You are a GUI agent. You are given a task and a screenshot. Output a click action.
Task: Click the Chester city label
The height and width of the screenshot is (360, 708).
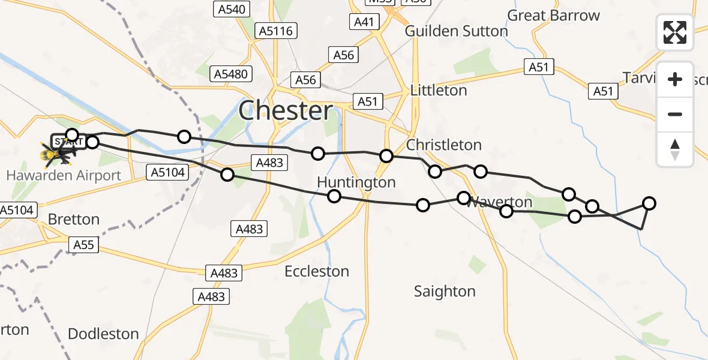pyautogui.click(x=286, y=111)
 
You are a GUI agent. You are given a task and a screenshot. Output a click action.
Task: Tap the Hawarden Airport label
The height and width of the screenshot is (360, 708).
pyautogui.click(x=64, y=176)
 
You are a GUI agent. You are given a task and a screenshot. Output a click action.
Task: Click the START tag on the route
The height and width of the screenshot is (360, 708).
pyautogui.click(x=65, y=142)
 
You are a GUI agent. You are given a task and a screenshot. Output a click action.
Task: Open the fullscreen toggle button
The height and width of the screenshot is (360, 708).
pyautogui.click(x=675, y=32)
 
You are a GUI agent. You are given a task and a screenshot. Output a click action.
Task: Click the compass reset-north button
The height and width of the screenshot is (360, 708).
pyautogui.click(x=675, y=149)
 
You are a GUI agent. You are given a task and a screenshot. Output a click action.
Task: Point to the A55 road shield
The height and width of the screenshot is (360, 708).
pyautogui.click(x=83, y=245)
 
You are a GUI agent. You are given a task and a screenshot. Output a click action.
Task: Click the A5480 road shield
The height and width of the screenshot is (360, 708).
pyautogui.click(x=231, y=74)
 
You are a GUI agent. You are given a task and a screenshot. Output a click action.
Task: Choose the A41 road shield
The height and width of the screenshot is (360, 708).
pyautogui.click(x=364, y=23)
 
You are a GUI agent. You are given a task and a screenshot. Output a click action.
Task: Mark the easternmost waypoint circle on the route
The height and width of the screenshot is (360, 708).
pyautogui.click(x=649, y=203)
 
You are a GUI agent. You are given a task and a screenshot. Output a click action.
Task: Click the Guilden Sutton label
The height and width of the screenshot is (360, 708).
pyautogui.click(x=456, y=31)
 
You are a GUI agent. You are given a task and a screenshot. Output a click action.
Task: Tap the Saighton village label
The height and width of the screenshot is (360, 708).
pyautogui.click(x=445, y=292)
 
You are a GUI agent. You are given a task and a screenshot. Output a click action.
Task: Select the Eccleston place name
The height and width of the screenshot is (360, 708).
pyautogui.click(x=317, y=272)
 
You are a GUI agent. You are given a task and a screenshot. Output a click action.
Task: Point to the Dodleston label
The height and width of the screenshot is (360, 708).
pyautogui.click(x=103, y=334)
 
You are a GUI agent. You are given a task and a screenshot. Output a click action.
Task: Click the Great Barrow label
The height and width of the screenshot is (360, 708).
pyautogui.click(x=553, y=16)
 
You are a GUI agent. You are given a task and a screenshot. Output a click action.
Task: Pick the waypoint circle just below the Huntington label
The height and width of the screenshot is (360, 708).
pyautogui.click(x=334, y=196)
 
